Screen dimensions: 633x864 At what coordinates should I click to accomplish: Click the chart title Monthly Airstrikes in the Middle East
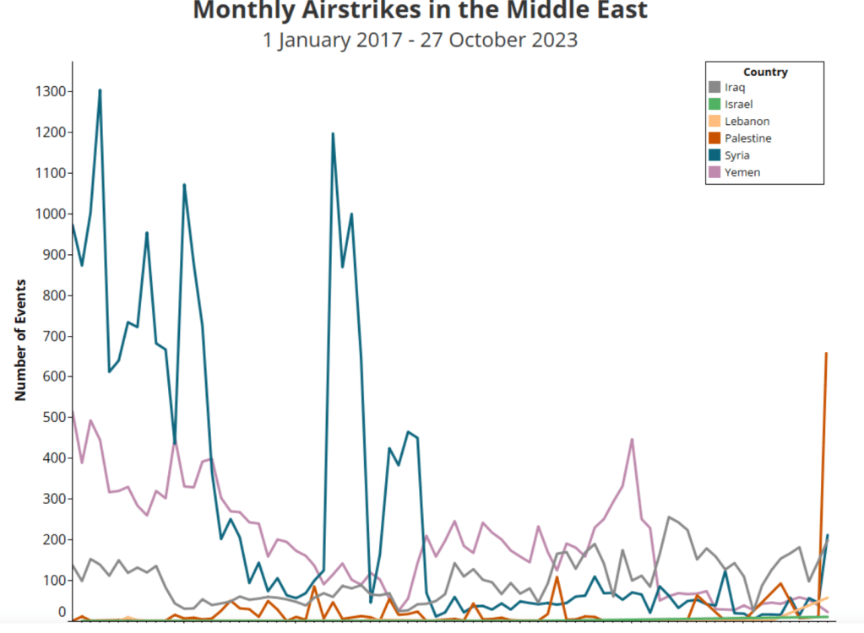click(x=420, y=11)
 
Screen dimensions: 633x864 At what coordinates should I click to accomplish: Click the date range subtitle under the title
click(x=420, y=40)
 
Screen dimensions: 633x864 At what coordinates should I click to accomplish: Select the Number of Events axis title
click(x=21, y=339)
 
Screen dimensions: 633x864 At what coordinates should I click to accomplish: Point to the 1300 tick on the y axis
click(x=49, y=91)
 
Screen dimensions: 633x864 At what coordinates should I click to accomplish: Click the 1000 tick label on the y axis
click(x=49, y=214)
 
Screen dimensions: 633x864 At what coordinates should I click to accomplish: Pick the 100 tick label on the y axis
click(x=52, y=581)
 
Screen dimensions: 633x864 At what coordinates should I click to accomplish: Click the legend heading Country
click(x=765, y=72)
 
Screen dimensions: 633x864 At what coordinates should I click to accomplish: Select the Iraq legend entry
click(x=736, y=88)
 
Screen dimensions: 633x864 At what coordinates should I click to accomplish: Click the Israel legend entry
click(x=737, y=105)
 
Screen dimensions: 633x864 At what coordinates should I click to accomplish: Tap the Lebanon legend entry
click(x=747, y=122)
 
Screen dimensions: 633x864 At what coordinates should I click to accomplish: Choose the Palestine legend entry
click(x=747, y=138)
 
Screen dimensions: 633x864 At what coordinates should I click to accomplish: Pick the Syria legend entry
click(x=736, y=155)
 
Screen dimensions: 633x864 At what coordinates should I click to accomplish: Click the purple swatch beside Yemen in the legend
click(x=715, y=172)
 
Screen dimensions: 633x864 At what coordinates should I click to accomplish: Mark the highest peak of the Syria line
click(x=100, y=89)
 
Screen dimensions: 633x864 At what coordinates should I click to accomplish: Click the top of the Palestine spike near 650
click(x=825, y=354)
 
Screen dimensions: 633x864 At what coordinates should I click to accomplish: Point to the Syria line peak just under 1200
click(x=333, y=133)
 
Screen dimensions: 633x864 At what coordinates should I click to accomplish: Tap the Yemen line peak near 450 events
click(x=632, y=439)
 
